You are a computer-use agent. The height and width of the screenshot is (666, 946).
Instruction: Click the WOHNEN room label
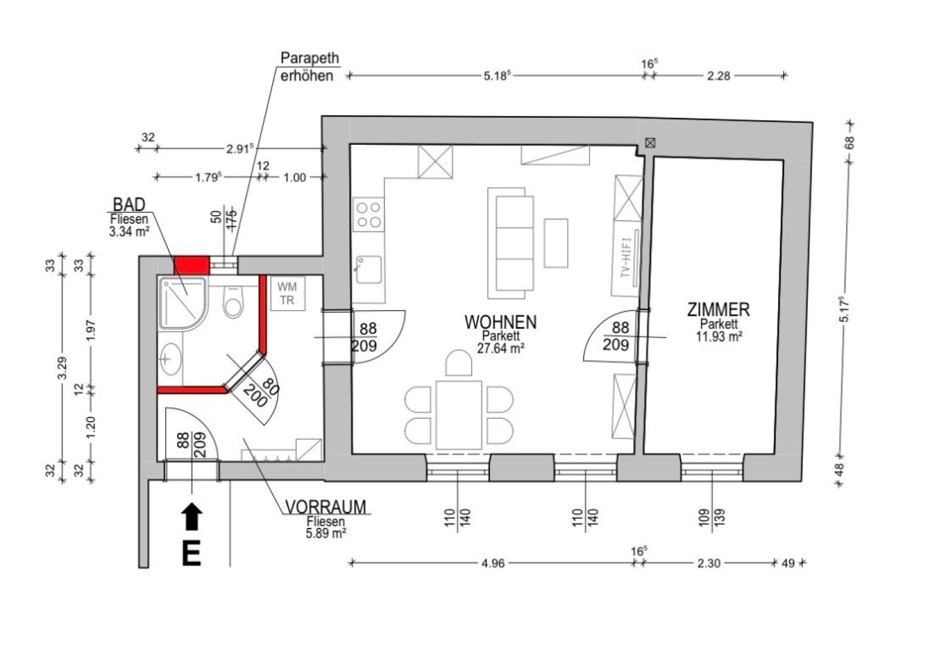(500, 323)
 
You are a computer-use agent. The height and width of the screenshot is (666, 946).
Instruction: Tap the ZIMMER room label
(718, 310)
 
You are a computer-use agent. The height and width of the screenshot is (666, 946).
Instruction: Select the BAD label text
(129, 205)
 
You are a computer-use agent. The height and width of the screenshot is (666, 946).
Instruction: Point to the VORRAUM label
(326, 508)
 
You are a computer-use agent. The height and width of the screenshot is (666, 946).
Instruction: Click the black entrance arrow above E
(192, 516)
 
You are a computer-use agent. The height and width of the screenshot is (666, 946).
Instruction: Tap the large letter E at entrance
(191, 554)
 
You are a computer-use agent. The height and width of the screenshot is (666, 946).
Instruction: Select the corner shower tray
(184, 302)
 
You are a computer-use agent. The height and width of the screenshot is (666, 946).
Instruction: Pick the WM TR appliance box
(287, 294)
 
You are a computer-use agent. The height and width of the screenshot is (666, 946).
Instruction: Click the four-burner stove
(369, 215)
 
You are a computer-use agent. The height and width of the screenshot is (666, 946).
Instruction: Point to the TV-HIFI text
(626, 257)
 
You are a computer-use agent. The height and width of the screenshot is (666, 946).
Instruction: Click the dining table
(459, 415)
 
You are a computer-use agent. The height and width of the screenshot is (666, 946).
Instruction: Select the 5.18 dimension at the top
(497, 76)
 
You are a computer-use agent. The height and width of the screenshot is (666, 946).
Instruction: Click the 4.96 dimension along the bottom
(493, 564)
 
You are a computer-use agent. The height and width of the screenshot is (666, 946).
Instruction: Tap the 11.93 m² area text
(719, 336)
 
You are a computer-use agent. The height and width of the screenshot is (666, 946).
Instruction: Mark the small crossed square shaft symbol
(650, 143)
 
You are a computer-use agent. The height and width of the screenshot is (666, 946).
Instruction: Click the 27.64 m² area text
(501, 348)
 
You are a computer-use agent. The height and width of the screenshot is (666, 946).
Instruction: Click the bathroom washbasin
(170, 359)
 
